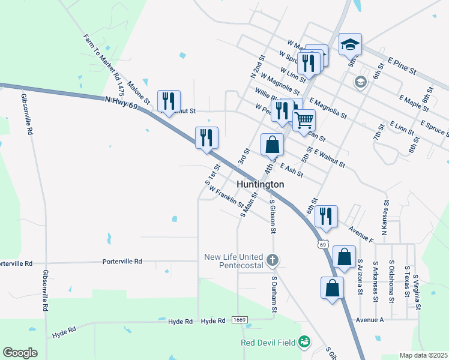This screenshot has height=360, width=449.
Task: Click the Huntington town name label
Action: tap(260, 185)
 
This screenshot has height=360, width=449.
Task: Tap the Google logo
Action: tap(20, 353)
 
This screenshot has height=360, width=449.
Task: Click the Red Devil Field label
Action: tap(268, 342)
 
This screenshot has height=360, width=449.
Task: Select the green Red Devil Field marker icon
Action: tap(304, 342)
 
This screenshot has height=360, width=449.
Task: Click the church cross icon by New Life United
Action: tap(273, 260)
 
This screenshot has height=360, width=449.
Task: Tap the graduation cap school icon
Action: tap(350, 43)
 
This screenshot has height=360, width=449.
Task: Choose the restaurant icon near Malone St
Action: tap(169, 100)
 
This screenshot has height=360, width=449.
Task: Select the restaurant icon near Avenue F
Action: tap(326, 215)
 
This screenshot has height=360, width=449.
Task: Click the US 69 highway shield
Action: tap(323, 245)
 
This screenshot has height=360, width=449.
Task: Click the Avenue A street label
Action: tap(371, 320)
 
